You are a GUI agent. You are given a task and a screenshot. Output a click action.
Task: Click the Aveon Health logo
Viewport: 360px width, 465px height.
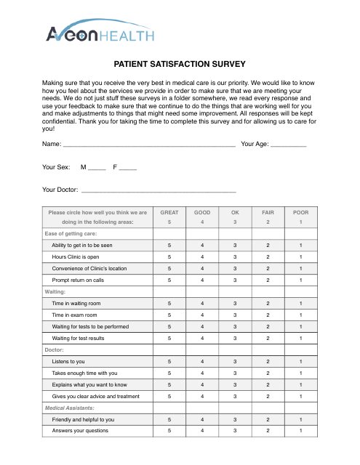(x=100, y=32)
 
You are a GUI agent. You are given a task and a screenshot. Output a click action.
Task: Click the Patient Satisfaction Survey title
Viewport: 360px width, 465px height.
(x=180, y=64)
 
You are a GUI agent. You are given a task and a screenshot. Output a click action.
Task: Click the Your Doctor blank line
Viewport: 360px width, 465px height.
(x=153, y=191)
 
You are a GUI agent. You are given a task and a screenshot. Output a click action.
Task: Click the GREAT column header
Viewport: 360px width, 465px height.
(x=169, y=213)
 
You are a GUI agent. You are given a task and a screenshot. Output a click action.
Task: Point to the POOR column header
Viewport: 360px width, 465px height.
(x=300, y=213)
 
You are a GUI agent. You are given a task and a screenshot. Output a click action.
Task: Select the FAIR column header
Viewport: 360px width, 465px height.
(x=268, y=213)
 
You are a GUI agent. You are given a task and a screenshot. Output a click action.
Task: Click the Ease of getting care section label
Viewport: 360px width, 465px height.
(x=71, y=234)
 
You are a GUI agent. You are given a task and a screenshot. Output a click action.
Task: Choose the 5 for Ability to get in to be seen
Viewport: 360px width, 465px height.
(x=169, y=246)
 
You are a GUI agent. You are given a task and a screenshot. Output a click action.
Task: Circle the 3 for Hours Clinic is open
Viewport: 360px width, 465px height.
(x=235, y=257)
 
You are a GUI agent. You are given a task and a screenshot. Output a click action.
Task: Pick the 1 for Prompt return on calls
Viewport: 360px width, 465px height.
(x=300, y=280)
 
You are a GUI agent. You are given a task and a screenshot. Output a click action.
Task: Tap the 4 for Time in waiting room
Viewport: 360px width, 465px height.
(x=202, y=303)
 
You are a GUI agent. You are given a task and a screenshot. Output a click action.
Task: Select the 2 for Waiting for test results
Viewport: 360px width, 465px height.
(x=268, y=338)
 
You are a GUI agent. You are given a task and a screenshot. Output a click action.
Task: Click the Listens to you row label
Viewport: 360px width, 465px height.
(x=68, y=361)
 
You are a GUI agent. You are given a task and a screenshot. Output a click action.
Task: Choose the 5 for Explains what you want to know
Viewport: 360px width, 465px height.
(x=169, y=384)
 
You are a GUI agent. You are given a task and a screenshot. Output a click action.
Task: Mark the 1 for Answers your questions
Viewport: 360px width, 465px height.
(x=300, y=431)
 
